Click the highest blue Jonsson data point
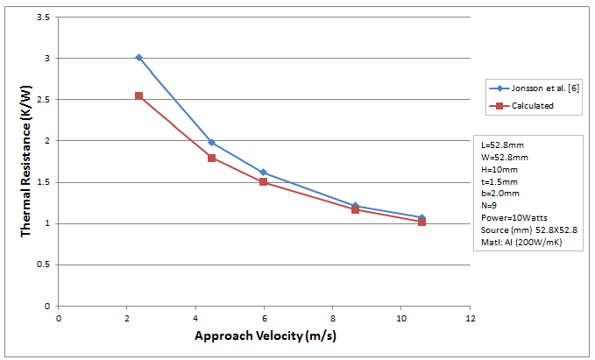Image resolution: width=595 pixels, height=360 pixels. tap(138, 58)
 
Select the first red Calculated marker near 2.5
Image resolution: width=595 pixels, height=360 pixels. tap(138, 95)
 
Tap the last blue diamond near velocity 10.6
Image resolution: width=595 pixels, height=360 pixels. tap(421, 218)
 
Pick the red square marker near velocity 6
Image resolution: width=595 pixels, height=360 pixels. tap(263, 182)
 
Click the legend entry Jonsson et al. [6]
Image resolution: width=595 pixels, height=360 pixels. tap(535, 88)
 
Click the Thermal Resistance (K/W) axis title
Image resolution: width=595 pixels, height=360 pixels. tap(27, 161)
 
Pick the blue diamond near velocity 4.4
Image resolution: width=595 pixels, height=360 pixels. tap(211, 142)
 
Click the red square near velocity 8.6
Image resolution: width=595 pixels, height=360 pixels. tap(355, 209)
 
